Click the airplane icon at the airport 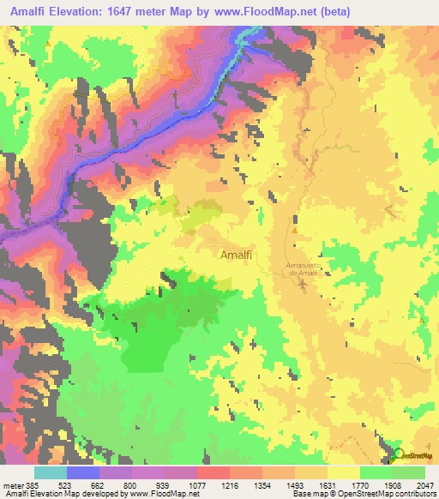(x=301, y=284)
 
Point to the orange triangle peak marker (x=295, y=230)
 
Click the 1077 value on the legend (x=196, y=484)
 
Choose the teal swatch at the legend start (x=50, y=472)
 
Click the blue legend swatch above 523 (x=82, y=472)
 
